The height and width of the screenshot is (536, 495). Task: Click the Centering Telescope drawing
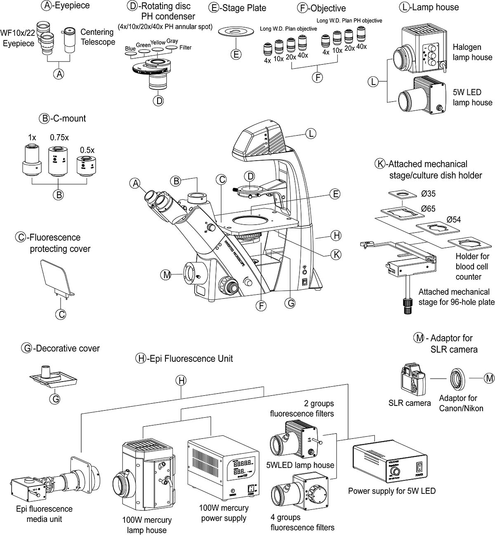(68, 40)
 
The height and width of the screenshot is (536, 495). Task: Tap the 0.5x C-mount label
(87, 150)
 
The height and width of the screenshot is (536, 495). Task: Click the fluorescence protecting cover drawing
(57, 277)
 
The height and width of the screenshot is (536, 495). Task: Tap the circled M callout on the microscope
(166, 275)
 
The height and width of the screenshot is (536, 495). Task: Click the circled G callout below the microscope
(290, 303)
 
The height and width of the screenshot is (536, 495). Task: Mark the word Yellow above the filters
(158, 43)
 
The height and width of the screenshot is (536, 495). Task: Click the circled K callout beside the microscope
(336, 254)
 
